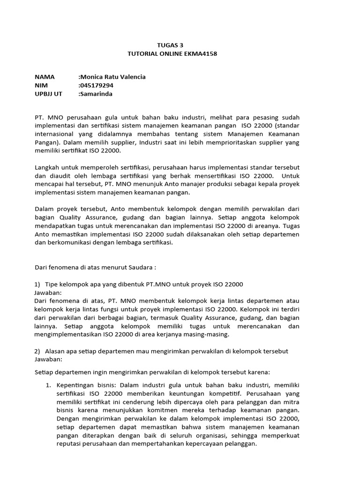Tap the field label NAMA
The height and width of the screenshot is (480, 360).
coord(45,77)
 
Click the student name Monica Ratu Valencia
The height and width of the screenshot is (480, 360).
coord(112,77)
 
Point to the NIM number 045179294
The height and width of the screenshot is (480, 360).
coord(97,85)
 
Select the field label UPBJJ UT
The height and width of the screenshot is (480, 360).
coord(48,94)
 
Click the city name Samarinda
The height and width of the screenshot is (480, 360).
coord(97,94)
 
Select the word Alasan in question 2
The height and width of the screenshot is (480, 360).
coord(56,351)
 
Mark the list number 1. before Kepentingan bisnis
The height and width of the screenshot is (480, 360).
coord(48,385)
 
